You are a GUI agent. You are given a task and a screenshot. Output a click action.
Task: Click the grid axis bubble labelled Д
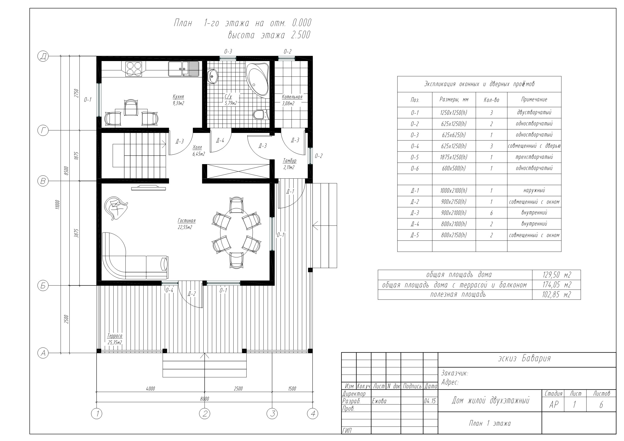[43, 56]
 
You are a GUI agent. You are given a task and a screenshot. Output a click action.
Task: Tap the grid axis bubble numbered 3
[272, 414]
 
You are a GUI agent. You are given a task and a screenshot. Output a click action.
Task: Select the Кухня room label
[178, 97]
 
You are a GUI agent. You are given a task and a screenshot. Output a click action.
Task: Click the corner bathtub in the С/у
[257, 79]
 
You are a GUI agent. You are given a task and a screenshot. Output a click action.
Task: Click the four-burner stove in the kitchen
[134, 69]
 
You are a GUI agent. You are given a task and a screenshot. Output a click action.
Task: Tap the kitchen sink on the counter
[184, 69]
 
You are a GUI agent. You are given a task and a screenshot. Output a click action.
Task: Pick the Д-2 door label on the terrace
[192, 294]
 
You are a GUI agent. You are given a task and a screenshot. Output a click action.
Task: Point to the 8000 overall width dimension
[204, 399]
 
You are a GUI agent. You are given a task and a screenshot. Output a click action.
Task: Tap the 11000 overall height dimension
[57, 204]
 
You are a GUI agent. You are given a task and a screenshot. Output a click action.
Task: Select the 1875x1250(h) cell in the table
[454, 157]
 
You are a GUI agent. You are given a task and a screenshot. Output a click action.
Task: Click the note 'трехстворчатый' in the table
[534, 157]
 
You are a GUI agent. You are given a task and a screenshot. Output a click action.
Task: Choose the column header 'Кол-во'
[491, 100]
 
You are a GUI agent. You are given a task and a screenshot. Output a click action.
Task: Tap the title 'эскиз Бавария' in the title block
[524, 358]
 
